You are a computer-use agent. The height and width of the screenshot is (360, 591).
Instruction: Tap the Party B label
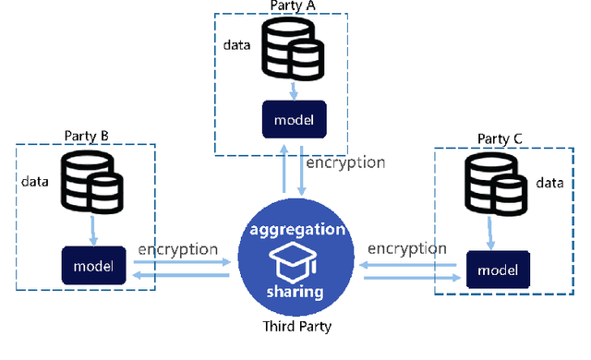point(86,137)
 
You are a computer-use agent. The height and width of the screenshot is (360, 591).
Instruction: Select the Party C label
point(500,138)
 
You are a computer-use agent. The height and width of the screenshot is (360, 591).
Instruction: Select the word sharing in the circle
point(295,292)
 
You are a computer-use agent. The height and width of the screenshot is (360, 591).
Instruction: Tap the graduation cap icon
point(295,261)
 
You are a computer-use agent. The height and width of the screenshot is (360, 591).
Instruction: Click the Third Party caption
point(295,327)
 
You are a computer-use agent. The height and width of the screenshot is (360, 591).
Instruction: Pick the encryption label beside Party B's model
point(177,249)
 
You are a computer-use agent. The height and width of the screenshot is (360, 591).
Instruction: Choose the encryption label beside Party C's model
point(407,249)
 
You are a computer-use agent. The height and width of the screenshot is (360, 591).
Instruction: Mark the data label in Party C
point(550,183)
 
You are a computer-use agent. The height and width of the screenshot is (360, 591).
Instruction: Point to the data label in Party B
point(35,181)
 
